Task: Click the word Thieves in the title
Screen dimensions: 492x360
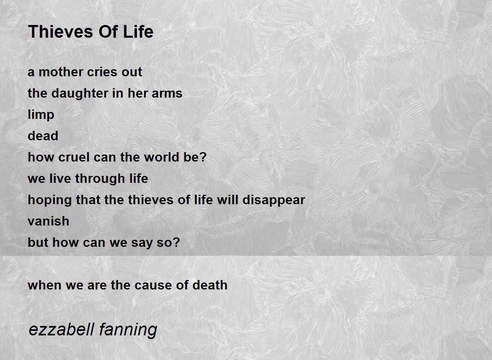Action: click(x=61, y=32)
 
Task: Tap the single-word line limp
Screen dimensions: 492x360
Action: click(x=41, y=115)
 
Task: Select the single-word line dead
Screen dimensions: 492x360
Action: click(x=43, y=136)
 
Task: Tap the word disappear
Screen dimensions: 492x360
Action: click(x=274, y=200)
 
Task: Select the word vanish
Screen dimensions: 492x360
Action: click(x=48, y=221)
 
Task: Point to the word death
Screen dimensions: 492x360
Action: click(x=210, y=285)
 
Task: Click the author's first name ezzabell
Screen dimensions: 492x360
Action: click(x=61, y=330)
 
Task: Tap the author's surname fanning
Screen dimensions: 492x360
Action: click(x=128, y=330)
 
